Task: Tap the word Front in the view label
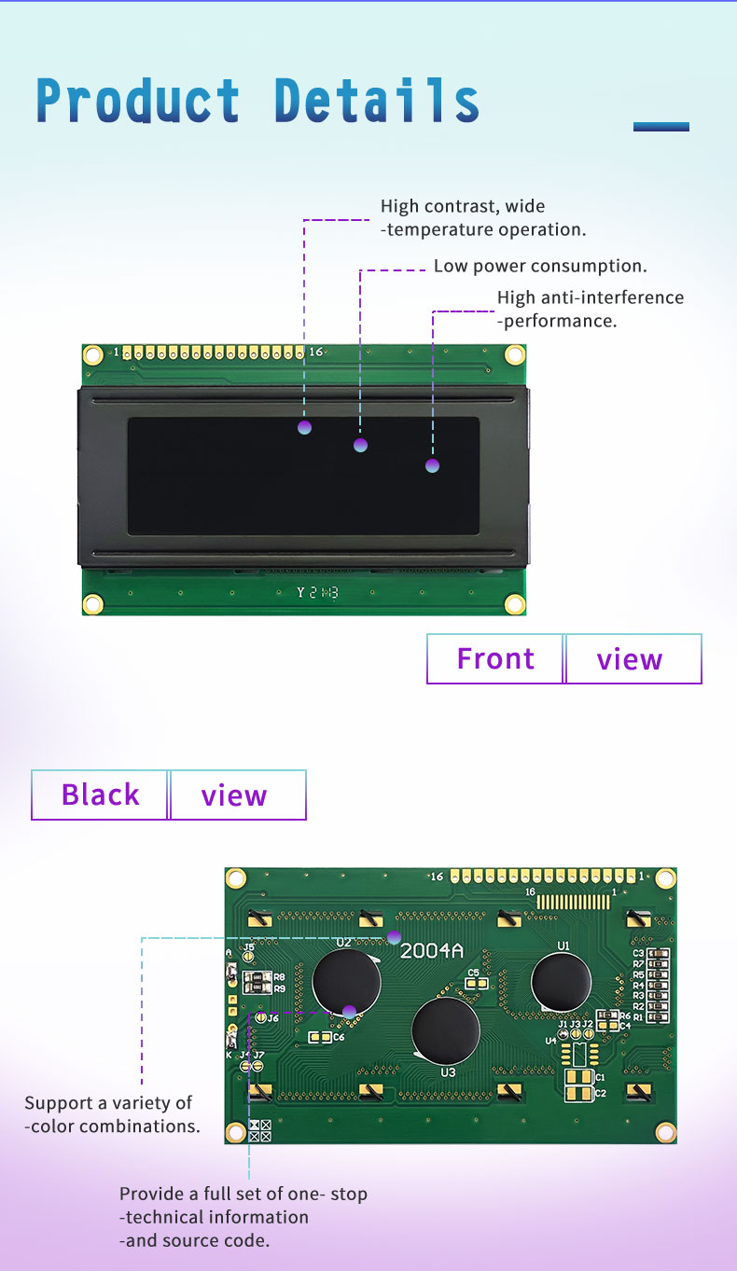click(495, 658)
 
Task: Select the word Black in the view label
click(100, 794)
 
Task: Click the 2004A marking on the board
click(432, 951)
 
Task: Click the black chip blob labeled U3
click(446, 1029)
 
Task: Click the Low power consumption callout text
click(540, 266)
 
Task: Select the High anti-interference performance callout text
click(590, 309)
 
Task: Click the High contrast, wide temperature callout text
click(482, 217)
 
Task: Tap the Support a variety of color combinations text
click(112, 1114)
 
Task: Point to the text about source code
click(243, 1217)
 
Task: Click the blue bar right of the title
click(661, 126)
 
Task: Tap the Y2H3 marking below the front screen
click(317, 593)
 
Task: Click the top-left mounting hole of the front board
click(92, 354)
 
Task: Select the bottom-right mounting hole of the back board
click(665, 1132)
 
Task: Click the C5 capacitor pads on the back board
click(473, 983)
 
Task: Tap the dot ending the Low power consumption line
click(361, 445)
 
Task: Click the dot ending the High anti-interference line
click(432, 465)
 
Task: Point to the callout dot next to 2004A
click(394, 937)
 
